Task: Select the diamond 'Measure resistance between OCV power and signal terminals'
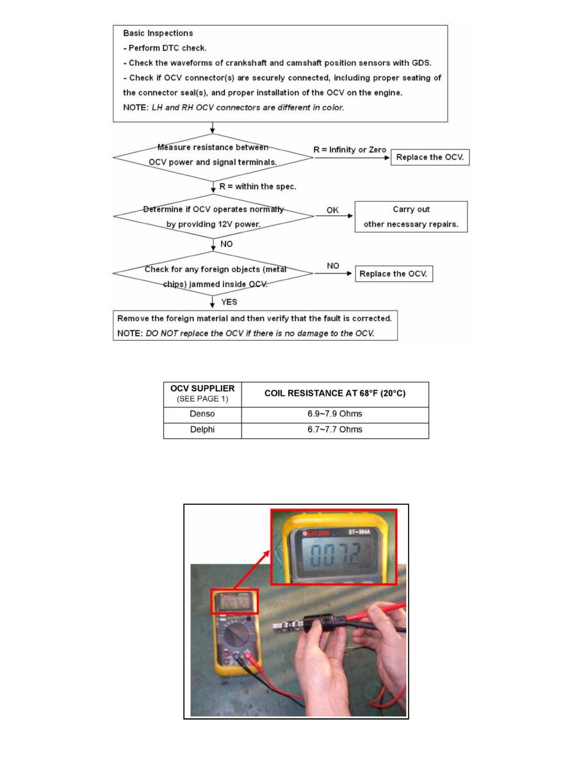[x=213, y=155]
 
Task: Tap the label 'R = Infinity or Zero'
[x=350, y=149]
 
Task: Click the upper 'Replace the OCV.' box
[x=430, y=157]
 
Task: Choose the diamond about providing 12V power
[x=213, y=217]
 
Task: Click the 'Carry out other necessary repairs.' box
[x=411, y=217]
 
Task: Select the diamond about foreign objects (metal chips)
[x=213, y=274]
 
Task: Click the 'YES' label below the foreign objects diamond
[x=229, y=302]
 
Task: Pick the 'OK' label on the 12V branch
[x=332, y=209]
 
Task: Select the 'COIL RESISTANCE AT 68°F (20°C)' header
[x=335, y=393]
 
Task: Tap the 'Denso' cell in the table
[x=202, y=414]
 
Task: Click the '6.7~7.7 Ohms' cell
[x=335, y=429]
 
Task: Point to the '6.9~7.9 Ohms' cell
[x=335, y=414]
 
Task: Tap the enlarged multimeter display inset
[x=333, y=546]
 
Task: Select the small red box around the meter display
[x=234, y=601]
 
